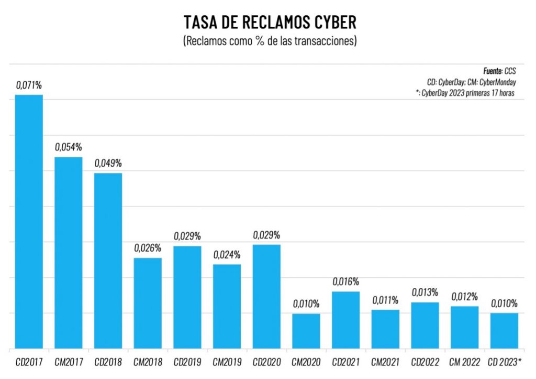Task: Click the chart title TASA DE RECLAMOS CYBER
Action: coord(270,23)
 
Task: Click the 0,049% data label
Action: coord(108,164)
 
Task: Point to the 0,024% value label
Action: coord(227,255)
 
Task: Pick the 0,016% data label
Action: coord(346,282)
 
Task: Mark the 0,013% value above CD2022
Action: coord(425,293)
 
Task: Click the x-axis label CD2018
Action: coord(108,362)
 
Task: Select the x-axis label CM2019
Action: coord(227,362)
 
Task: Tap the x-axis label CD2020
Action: coord(266,362)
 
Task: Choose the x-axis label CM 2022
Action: coord(464,362)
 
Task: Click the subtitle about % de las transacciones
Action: coord(270,41)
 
